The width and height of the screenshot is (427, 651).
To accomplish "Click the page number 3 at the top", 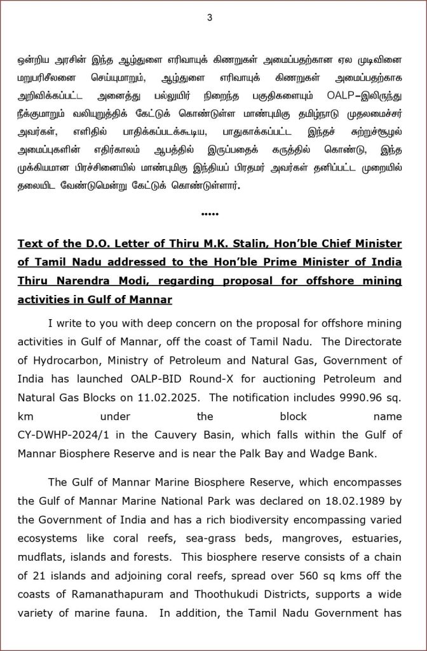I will click(209, 17).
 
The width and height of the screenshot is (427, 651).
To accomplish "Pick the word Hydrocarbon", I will click(66, 361).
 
